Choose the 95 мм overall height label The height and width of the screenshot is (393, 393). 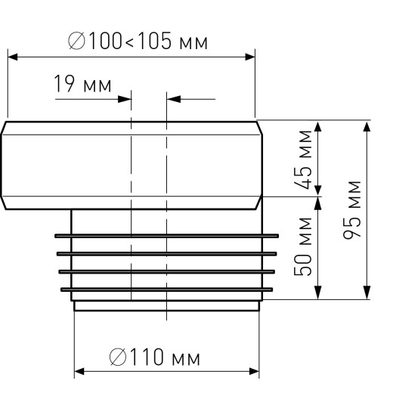pos(352,209)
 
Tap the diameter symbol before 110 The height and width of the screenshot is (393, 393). pos(118,357)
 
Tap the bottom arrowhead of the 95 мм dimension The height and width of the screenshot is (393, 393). pos(367,295)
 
